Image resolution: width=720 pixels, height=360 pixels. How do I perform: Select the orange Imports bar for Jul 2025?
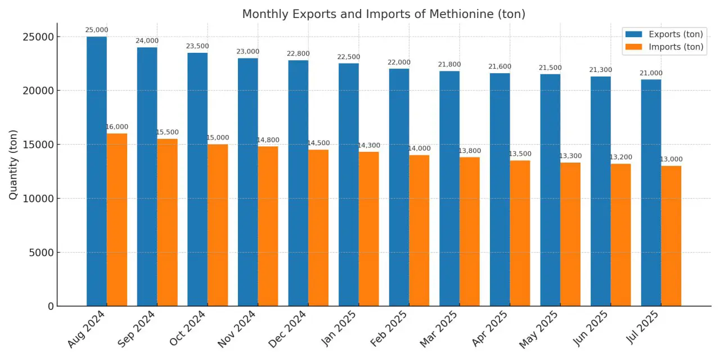[x=671, y=236]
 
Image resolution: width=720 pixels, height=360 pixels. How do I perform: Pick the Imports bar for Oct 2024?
[x=218, y=225]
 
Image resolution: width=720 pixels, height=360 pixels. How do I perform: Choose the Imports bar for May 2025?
[x=570, y=234]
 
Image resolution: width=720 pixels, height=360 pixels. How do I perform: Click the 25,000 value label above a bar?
[x=97, y=30]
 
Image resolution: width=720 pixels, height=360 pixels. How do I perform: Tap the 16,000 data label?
[x=117, y=127]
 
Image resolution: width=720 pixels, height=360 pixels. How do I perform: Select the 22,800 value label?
[x=298, y=54]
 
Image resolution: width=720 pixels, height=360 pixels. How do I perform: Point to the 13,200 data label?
[x=621, y=157]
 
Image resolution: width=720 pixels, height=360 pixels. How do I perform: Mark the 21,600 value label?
[x=499, y=67]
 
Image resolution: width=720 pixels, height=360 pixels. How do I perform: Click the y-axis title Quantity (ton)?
[x=13, y=164]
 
